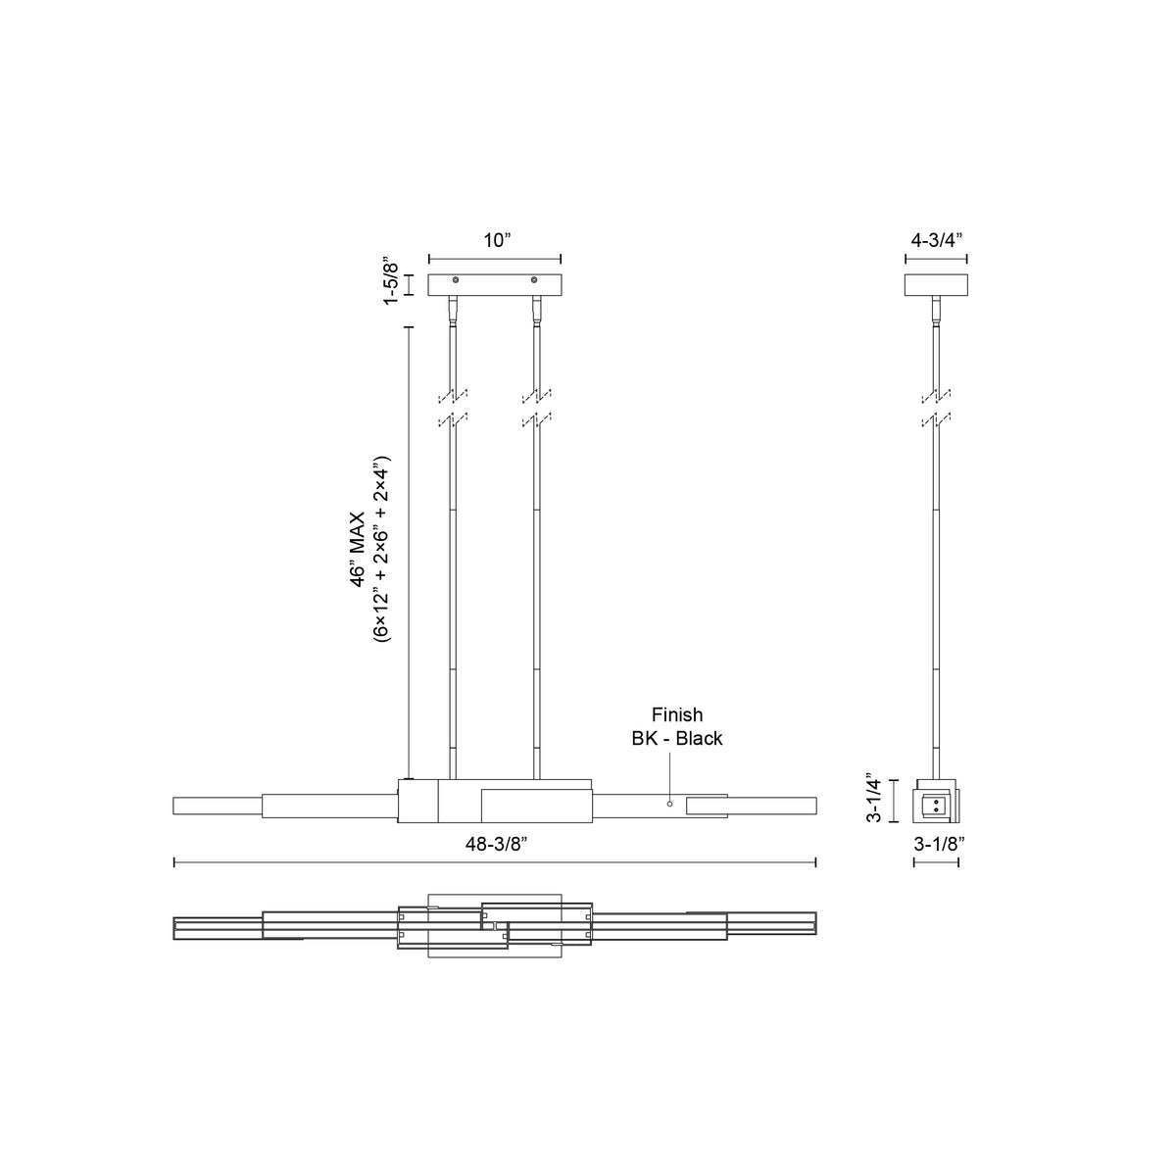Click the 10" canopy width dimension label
point(497,240)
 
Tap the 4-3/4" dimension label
point(936,240)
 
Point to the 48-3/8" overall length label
point(496,844)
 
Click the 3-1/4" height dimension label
point(874,800)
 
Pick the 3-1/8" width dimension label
point(939,844)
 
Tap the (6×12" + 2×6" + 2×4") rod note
point(381,549)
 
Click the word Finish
point(677,714)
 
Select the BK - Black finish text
point(677,739)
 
